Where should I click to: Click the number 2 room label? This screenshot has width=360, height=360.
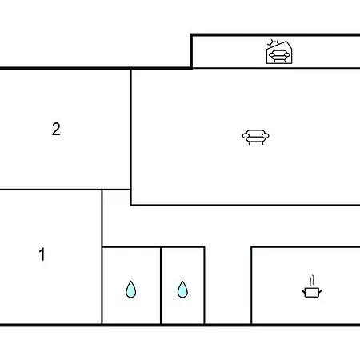pos(56,130)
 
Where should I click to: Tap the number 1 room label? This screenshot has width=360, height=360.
pos(42,254)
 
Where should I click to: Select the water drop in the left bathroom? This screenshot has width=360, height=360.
pos(130,289)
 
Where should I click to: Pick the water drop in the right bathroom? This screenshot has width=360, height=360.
pos(182,289)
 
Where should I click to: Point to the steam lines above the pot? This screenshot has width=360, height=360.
pos(312,281)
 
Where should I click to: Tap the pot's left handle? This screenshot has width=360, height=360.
pos(303,291)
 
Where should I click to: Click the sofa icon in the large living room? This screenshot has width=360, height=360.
pos(255,137)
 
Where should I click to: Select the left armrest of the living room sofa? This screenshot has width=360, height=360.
pos(246,136)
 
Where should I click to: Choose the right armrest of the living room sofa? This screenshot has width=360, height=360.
pos(266,136)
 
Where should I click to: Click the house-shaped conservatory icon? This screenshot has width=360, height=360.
pos(279,52)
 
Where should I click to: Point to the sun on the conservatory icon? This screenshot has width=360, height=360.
pos(274,43)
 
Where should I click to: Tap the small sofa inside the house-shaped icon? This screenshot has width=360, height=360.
pos(279,56)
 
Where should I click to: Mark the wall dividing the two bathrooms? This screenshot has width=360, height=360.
pos(161,286)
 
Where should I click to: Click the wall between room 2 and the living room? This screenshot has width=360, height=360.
pos(131,130)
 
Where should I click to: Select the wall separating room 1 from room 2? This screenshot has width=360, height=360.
pos(51,190)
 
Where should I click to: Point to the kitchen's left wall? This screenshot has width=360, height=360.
pos(251,286)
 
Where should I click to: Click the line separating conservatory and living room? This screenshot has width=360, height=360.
pos(276,68)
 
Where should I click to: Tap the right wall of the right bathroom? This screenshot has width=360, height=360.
pos(205,286)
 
